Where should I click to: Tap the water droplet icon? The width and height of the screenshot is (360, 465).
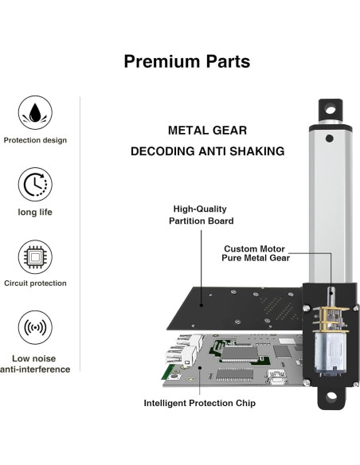click(x=35, y=111)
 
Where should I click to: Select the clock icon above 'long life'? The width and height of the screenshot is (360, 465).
click(x=35, y=185)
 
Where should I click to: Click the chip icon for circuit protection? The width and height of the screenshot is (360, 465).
click(x=35, y=256)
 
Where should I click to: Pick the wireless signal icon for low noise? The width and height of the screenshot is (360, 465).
click(x=35, y=329)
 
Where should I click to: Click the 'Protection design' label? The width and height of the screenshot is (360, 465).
click(x=35, y=140)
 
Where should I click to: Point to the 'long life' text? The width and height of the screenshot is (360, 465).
click(x=35, y=212)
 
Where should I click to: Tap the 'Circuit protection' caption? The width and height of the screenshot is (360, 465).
click(x=35, y=283)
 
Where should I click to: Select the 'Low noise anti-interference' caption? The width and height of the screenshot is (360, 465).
click(x=35, y=363)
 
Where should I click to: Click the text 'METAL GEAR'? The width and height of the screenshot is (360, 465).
click(x=207, y=130)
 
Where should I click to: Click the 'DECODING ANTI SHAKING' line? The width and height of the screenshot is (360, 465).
click(x=207, y=150)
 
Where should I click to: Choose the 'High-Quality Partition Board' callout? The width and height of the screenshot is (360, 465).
click(x=203, y=215)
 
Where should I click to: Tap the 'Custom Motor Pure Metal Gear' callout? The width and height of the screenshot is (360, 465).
click(x=256, y=253)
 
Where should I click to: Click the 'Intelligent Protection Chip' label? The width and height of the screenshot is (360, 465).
click(x=200, y=403)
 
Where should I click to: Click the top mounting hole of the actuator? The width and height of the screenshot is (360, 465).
click(x=330, y=107)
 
